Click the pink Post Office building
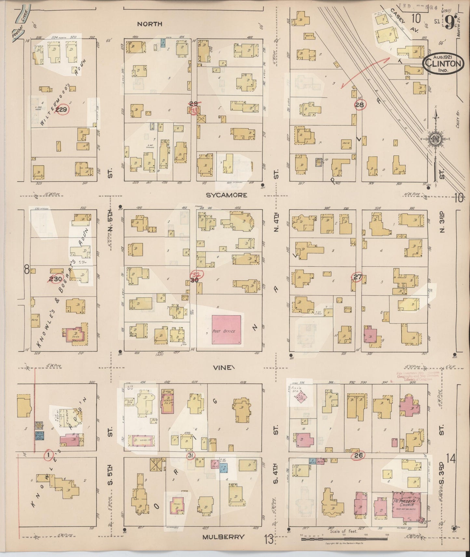(x=226, y=330)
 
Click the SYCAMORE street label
(x=226, y=195)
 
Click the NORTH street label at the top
(x=149, y=24)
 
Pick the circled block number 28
(x=359, y=105)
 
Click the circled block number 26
(x=359, y=455)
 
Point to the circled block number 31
(x=191, y=455)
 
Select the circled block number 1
(x=48, y=455)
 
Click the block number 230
(x=55, y=278)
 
